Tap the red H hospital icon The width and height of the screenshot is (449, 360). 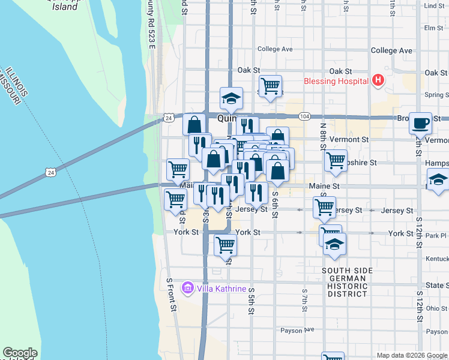pyautogui.click(x=378, y=80)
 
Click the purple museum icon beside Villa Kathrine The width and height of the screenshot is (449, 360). pyautogui.click(x=188, y=289)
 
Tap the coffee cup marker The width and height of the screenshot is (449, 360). pyautogui.click(x=420, y=123)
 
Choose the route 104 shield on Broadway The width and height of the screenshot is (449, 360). pyautogui.click(x=306, y=116)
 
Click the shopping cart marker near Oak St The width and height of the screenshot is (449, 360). pyautogui.click(x=271, y=85)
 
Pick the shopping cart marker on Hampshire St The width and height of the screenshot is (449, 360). pyautogui.click(x=336, y=160)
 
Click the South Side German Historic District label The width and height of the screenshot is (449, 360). pyautogui.click(x=344, y=282)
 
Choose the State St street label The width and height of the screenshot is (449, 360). pyautogui.click(x=435, y=285)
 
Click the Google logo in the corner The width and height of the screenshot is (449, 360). pyautogui.click(x=20, y=353)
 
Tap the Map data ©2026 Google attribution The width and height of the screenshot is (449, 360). pyautogui.click(x=412, y=355)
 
